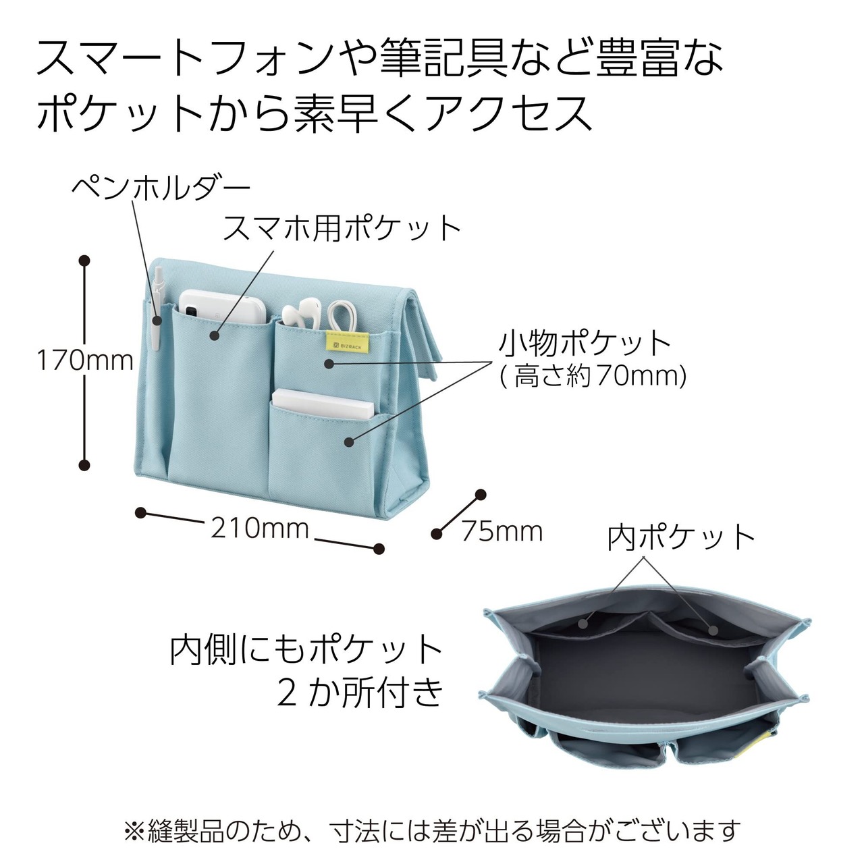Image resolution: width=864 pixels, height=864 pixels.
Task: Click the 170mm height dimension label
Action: click(x=85, y=360)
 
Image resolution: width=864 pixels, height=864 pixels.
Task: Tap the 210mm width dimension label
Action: click(x=260, y=529)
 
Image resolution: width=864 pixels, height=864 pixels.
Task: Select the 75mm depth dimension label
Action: click(x=502, y=532)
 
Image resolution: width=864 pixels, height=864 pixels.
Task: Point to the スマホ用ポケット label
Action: click(x=342, y=228)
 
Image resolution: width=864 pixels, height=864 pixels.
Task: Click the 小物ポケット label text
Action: click(x=584, y=344)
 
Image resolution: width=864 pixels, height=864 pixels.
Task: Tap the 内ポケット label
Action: click(x=680, y=538)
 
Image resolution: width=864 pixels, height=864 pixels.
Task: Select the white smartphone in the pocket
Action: click(x=222, y=306)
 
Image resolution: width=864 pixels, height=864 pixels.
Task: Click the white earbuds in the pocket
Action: click(x=300, y=312)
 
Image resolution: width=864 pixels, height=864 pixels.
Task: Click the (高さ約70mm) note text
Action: click(x=593, y=376)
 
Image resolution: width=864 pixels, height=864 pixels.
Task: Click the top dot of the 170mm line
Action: click(x=84, y=261)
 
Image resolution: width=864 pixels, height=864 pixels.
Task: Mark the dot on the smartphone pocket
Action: click(x=215, y=335)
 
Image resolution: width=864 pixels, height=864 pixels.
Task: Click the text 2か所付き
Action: click(x=360, y=693)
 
